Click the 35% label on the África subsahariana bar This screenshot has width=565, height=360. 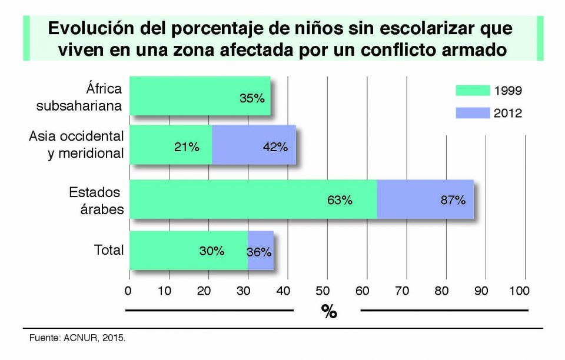click(x=252, y=98)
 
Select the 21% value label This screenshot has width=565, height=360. click(x=187, y=147)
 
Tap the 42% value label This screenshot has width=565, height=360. click(x=275, y=147)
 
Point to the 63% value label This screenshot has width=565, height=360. click(x=340, y=200)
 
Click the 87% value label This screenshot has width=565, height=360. click(x=453, y=200)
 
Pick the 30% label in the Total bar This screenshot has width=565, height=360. click(x=211, y=251)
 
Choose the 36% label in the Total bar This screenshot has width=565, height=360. click(x=259, y=252)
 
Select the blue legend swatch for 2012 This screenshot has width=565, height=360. click(x=473, y=113)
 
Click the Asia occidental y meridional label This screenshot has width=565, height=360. click(x=77, y=145)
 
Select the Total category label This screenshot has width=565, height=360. click(x=109, y=250)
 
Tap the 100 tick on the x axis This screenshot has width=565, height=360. click(x=519, y=291)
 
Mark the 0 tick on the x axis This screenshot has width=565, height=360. click(x=129, y=291)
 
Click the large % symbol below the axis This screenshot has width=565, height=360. click(x=328, y=311)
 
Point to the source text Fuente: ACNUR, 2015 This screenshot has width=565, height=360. click(x=78, y=339)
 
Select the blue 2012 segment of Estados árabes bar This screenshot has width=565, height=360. click(x=425, y=200)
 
